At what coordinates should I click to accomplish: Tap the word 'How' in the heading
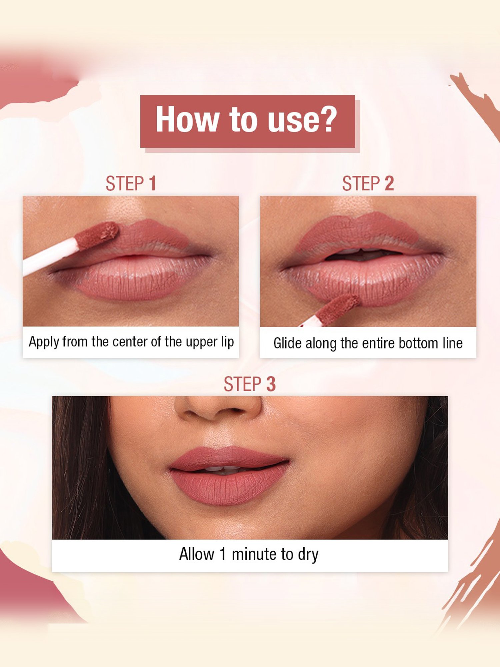coord(187,119)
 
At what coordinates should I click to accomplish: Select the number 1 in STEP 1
coord(153,183)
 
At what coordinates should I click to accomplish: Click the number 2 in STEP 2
coord(389,183)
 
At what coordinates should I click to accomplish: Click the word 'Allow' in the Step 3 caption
coord(197,554)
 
